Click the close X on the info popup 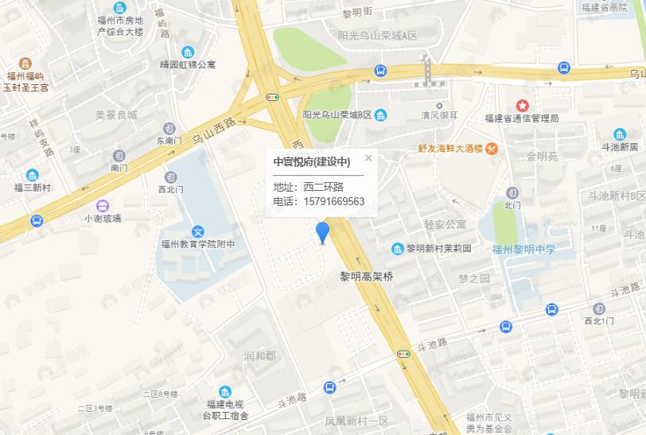(368, 157)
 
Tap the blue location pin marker (322, 232)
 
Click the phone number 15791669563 (333, 201)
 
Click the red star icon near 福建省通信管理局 (523, 105)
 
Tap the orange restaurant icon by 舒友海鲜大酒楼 (492, 147)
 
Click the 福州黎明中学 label (523, 250)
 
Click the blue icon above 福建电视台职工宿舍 (225, 391)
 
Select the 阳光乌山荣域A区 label (377, 37)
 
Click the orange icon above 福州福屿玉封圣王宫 (25, 63)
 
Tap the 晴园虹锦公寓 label (187, 64)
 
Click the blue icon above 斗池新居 (620, 134)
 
